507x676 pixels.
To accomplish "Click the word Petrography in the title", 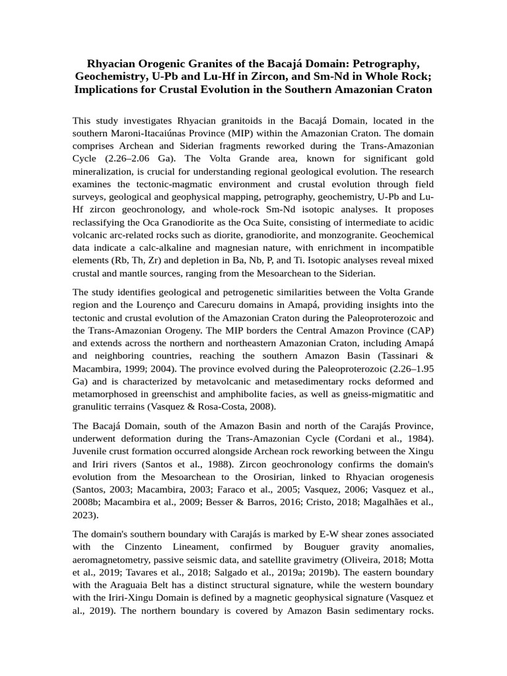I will click(384, 63).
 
